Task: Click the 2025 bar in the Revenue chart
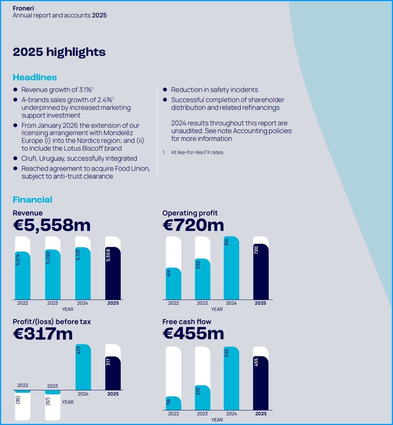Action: tap(113, 273)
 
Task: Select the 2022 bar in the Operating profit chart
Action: tap(173, 284)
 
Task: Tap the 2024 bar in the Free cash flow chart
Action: tap(232, 379)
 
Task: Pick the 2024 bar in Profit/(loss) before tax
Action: tap(83, 367)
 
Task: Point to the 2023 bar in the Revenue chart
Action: tap(53, 275)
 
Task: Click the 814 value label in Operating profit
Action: tap(227, 242)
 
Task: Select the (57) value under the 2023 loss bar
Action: tap(48, 401)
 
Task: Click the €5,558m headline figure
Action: tap(52, 225)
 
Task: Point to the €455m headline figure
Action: tap(193, 334)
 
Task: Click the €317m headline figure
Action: tap(43, 334)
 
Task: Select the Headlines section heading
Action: tap(35, 77)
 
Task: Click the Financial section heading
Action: tap(32, 199)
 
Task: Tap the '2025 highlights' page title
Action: tap(59, 52)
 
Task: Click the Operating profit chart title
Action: tap(190, 213)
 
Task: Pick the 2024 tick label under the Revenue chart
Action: tap(83, 303)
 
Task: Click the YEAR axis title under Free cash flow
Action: tap(217, 420)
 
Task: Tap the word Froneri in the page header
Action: tap(23, 8)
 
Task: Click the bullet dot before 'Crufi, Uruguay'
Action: tap(15, 158)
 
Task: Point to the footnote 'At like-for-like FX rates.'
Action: tap(197, 152)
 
